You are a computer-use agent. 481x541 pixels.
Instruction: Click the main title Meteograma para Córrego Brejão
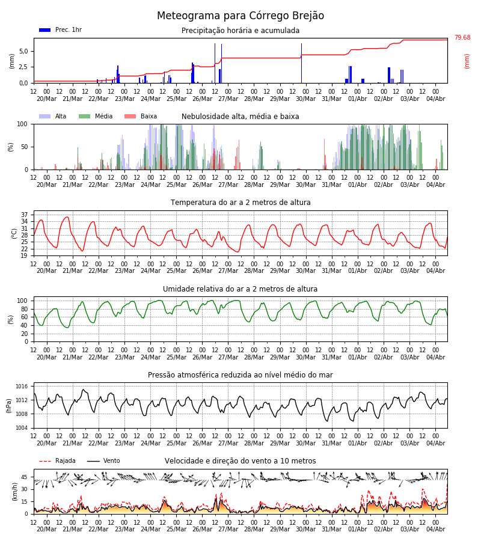(x=240, y=16)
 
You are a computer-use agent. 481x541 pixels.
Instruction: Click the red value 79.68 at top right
(x=462, y=38)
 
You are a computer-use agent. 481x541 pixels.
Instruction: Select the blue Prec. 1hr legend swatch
(x=45, y=30)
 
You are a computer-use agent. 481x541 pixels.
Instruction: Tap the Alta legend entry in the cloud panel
(x=53, y=116)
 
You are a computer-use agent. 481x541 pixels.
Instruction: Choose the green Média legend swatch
(x=85, y=117)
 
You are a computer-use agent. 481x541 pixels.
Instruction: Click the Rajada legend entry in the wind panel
(x=57, y=460)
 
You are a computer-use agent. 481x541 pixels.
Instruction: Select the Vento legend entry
(x=103, y=460)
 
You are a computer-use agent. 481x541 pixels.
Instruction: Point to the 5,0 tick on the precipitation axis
(x=24, y=52)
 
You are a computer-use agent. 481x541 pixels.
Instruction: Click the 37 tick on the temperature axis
(x=24, y=215)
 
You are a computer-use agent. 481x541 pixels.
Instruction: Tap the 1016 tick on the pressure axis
(x=22, y=387)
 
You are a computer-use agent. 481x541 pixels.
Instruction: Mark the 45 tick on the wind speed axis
(x=24, y=477)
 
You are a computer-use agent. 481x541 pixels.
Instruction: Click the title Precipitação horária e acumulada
(x=240, y=31)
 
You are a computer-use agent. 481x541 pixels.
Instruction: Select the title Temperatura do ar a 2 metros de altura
(x=240, y=203)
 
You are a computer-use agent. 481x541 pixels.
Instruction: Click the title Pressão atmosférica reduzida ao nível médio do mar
(x=240, y=374)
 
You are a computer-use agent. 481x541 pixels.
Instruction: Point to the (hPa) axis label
(x=9, y=406)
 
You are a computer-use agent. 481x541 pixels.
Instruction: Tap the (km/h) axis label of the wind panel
(x=14, y=492)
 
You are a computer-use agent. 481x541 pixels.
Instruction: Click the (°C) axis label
(x=14, y=234)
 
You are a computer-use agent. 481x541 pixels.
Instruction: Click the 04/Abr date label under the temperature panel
(x=436, y=271)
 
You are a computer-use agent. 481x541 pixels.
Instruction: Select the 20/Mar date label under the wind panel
(x=46, y=529)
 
